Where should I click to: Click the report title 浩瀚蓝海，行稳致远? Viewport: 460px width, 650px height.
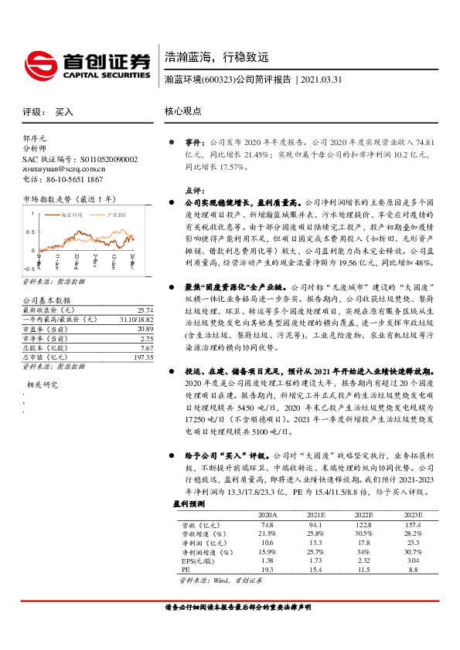[216, 57]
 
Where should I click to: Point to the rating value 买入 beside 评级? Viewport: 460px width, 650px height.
[64, 112]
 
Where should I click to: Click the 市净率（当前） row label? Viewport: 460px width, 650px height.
[46, 317]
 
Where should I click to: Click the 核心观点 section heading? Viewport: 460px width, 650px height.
[183, 111]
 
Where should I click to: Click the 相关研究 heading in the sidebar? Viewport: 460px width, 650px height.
[43, 384]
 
